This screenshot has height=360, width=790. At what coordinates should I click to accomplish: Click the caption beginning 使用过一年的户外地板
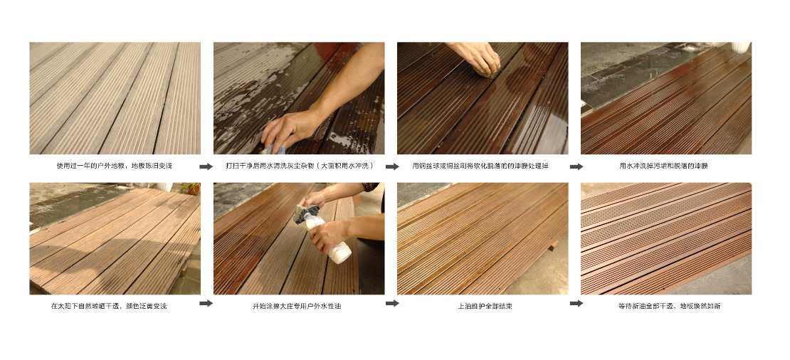114,166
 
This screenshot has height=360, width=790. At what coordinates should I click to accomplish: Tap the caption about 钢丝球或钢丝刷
480,166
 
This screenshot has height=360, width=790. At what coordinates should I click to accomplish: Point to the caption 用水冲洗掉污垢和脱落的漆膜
663,166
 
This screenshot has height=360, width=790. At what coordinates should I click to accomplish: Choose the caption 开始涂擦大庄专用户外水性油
297,306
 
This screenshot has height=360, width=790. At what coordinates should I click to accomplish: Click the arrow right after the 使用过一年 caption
206,166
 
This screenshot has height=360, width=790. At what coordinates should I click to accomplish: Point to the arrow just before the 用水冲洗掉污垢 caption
577,166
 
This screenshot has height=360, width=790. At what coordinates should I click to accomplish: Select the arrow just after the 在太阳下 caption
206,303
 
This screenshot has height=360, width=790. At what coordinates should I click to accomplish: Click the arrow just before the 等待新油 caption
577,303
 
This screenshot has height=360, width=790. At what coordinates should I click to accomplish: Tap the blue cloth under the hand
275,149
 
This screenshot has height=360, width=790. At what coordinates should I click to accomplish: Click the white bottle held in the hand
330,241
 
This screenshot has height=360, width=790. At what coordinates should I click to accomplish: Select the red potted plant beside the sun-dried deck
191,189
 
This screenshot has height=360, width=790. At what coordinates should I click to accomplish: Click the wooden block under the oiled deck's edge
553,245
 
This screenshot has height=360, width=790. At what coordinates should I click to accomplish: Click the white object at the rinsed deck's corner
741,47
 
